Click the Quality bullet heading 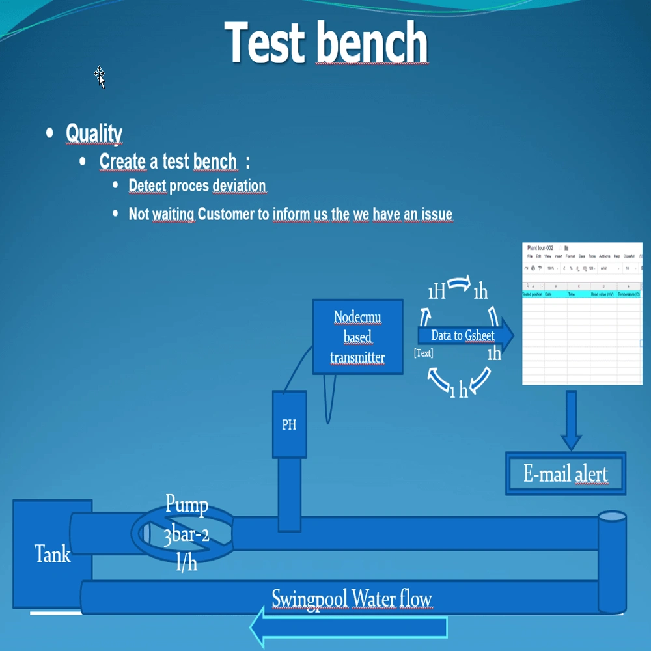click(x=94, y=133)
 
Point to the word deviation click(x=239, y=186)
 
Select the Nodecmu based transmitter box click(x=357, y=337)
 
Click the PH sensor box click(x=289, y=424)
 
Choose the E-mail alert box click(x=565, y=474)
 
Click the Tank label click(x=52, y=555)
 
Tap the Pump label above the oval click(x=187, y=505)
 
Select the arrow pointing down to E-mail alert click(x=571, y=420)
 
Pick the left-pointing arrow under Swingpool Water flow click(x=348, y=628)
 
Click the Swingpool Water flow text click(x=352, y=598)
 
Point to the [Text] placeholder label click(x=423, y=353)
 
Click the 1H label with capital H click(x=436, y=292)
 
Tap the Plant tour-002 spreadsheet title click(x=540, y=248)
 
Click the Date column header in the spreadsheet click(x=549, y=294)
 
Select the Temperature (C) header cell click(x=629, y=294)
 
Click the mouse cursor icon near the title click(x=100, y=76)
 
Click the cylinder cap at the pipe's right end click(x=612, y=517)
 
